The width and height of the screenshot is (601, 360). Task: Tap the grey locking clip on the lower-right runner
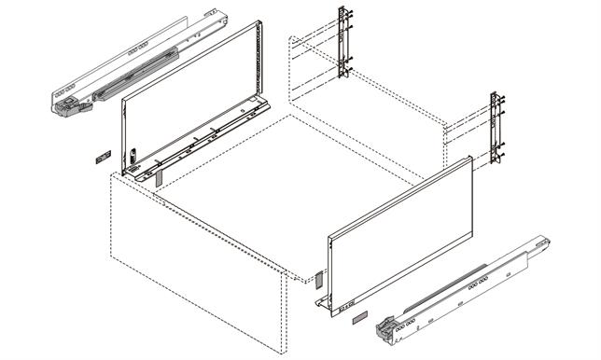(384, 328)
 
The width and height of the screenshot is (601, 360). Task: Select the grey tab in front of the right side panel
(317, 278)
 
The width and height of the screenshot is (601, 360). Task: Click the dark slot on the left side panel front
(133, 155)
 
